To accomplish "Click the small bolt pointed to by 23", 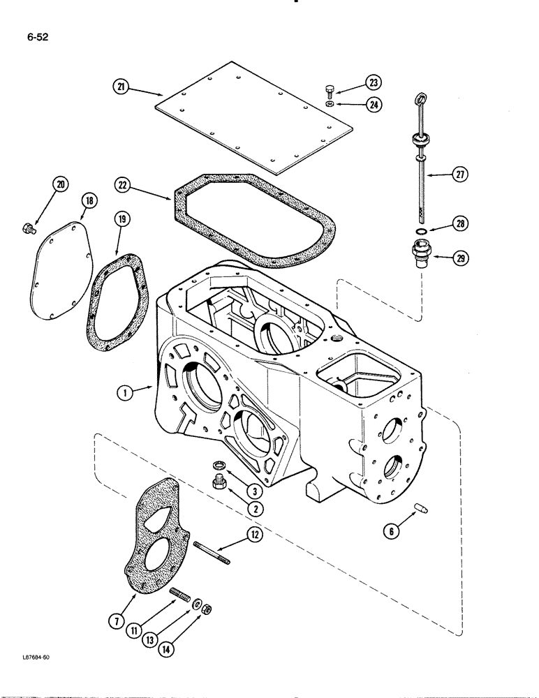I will [332, 90].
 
